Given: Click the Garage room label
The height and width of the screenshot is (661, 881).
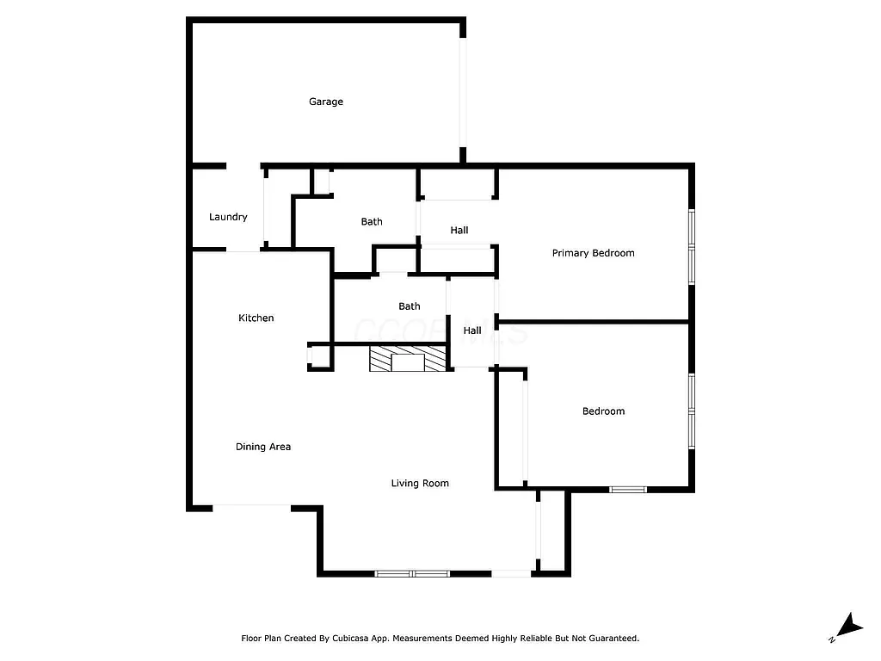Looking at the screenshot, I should click(326, 102).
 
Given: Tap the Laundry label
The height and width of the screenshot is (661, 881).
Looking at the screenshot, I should click(228, 217).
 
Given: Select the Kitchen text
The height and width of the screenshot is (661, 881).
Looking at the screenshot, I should click(256, 318).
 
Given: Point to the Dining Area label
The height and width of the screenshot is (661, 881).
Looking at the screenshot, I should click(263, 447).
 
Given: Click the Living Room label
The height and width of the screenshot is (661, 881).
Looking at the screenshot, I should click(420, 484).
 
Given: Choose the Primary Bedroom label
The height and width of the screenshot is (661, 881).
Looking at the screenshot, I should click(593, 253).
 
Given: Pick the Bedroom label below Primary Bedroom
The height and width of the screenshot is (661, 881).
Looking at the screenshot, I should click(603, 411).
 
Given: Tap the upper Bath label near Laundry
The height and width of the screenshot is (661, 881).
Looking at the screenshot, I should click(372, 222).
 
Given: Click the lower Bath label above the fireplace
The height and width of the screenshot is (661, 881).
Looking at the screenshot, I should click(410, 306).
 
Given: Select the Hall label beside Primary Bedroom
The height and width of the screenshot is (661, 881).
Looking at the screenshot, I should click(459, 231).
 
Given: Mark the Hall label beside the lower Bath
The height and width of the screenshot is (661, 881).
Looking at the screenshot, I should click(472, 330).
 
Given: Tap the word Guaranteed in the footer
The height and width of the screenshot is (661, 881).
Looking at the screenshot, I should click(612, 639).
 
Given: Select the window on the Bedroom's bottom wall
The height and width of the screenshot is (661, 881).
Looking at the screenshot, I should click(628, 490).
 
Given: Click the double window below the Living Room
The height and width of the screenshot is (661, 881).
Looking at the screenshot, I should click(412, 573).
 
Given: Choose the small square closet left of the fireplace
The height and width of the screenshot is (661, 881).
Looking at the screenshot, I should click(318, 356).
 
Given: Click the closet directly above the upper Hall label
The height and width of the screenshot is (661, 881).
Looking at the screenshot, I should click(458, 184).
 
